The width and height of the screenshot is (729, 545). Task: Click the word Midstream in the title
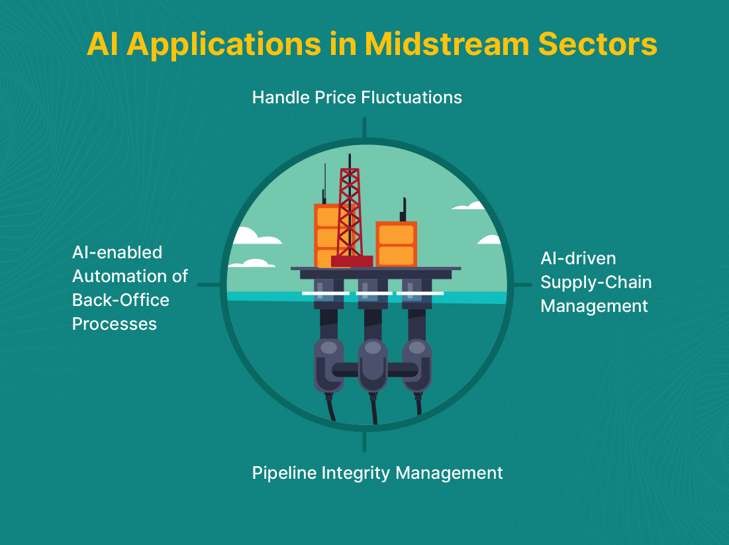pos(447,44)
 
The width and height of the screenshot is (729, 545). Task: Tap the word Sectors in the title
pos(597,44)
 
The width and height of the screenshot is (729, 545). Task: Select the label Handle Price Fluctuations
pos(357,97)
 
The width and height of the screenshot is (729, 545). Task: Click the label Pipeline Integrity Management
pos(377,473)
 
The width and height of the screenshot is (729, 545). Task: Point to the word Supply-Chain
pos(596,283)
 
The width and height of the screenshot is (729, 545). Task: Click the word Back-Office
pos(121,300)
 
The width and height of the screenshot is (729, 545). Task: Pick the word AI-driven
pos(578,258)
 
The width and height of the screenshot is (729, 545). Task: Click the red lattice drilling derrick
pos(350,212)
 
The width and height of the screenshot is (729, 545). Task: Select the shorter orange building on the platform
pos(396,244)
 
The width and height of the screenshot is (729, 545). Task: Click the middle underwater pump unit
pos(373,366)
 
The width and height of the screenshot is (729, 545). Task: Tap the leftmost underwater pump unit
pos(328,366)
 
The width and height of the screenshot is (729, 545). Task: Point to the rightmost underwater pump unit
pos(417,366)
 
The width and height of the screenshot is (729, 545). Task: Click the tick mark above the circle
pos(364,127)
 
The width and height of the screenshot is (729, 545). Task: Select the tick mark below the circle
pos(364,442)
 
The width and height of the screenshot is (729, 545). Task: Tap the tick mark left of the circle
pos(209,285)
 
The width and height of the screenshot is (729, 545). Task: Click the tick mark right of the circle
pos(522,285)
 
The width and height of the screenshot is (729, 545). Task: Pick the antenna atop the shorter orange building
pos(403,210)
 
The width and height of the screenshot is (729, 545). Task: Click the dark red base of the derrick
pos(352,262)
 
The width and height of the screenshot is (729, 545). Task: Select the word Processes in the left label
pos(115,324)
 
